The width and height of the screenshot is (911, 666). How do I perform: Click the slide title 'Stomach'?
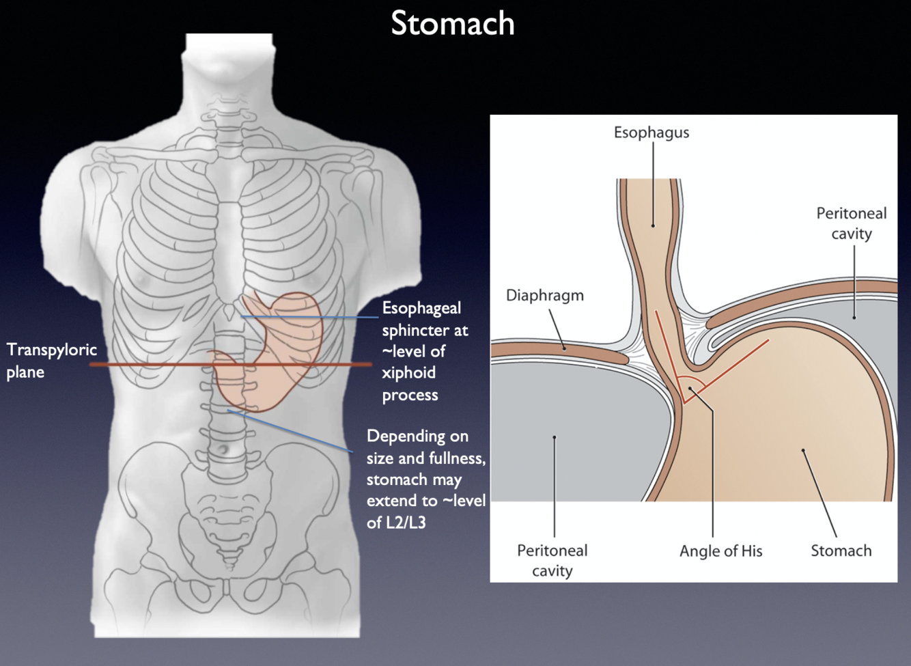[x=452, y=23]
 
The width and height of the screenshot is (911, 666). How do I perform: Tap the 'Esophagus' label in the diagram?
[x=651, y=133]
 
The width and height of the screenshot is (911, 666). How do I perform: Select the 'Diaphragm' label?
[x=544, y=296]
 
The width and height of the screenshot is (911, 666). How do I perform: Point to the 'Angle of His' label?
[x=720, y=551]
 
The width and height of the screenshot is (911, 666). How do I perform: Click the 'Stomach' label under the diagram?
[x=841, y=551]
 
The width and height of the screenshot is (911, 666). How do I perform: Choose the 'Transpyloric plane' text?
[x=51, y=361]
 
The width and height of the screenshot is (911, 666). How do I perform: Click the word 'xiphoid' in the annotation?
[x=408, y=373]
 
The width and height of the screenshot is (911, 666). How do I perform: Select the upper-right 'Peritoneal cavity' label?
[x=851, y=223]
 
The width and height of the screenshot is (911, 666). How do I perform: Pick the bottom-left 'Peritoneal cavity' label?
[x=552, y=560]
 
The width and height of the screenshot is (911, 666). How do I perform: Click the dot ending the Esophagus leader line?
[x=653, y=225]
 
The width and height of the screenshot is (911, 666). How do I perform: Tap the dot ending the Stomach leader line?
[x=803, y=450]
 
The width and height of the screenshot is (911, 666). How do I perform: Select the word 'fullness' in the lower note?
[x=457, y=458]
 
